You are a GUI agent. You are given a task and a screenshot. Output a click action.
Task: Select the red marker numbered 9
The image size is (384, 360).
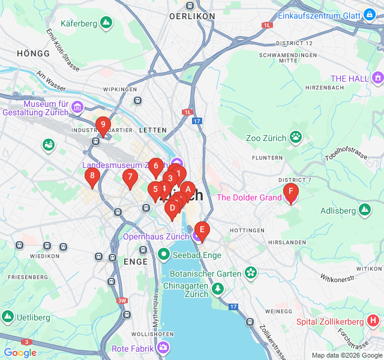click(x=103, y=126)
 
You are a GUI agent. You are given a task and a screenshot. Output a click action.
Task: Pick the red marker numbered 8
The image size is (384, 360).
click(x=92, y=176)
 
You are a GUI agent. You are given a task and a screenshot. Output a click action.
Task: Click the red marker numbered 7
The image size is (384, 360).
click(x=130, y=177)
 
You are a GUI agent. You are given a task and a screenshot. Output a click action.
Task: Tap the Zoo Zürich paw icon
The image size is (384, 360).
click(x=296, y=137)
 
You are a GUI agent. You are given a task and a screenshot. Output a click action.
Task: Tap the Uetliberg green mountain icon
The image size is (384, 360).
click(x=8, y=316)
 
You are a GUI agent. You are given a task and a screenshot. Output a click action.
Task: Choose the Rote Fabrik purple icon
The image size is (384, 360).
click(x=164, y=348)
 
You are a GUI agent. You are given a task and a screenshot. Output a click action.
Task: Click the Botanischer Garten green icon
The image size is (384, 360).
click(x=250, y=273)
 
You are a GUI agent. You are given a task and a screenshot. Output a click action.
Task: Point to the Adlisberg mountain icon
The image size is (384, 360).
click(x=364, y=210)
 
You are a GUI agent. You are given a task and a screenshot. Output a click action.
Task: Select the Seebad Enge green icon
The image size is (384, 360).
click(x=164, y=255)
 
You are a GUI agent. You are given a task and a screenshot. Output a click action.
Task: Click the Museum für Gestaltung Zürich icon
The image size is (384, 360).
click(x=77, y=107)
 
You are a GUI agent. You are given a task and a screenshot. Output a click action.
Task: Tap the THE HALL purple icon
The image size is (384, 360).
click(x=377, y=78)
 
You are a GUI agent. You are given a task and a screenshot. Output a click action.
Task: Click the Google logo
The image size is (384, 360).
click(x=20, y=353)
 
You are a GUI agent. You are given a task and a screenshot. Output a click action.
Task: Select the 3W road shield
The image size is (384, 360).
click(x=122, y=301)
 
